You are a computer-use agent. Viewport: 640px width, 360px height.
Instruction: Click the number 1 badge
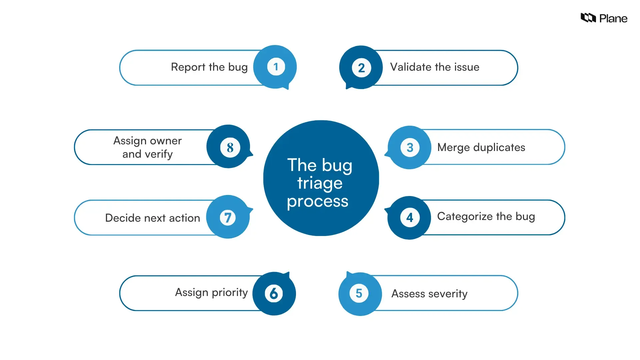[276, 67]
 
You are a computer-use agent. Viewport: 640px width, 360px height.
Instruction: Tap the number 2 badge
[361, 68]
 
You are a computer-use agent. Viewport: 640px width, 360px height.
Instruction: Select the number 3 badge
[410, 147]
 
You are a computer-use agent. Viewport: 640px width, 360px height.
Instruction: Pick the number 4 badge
[410, 218]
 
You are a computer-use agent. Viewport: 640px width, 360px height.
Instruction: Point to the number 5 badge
[359, 293]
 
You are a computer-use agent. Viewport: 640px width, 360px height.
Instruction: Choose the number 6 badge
[274, 293]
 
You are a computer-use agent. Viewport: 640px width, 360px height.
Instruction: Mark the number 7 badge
[228, 218]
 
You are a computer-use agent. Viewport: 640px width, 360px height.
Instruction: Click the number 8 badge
[230, 147]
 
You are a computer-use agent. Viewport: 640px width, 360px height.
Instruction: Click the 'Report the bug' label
[209, 67]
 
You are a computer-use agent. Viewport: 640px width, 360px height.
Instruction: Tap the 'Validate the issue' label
[435, 67]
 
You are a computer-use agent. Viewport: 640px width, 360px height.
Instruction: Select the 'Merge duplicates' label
[481, 147]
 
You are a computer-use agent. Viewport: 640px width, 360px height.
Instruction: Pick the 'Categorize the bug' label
[486, 217]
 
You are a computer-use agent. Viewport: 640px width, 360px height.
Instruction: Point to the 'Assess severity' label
[429, 294]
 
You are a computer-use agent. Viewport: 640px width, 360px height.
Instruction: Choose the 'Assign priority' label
[211, 293]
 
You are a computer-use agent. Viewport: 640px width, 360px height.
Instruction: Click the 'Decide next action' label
[153, 218]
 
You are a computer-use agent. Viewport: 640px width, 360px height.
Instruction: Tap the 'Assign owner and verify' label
[148, 147]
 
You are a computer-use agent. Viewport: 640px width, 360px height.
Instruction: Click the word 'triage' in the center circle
[320, 183]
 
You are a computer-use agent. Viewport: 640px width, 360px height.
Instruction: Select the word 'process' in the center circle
[318, 201]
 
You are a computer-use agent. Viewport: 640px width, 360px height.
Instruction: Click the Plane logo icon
[588, 18]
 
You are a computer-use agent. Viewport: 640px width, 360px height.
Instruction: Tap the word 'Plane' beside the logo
[613, 19]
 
